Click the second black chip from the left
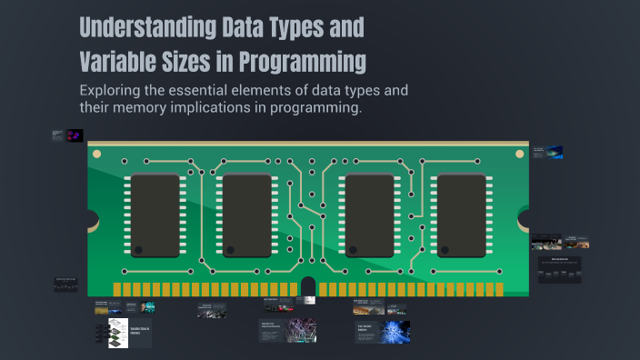tap(247, 215)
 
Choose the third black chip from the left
tap(369, 215)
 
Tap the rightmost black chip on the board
tap(462, 215)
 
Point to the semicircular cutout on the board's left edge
tap(92, 218)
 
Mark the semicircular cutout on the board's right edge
tap(525, 218)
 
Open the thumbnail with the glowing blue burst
tap(395, 332)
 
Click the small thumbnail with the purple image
tap(75, 135)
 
